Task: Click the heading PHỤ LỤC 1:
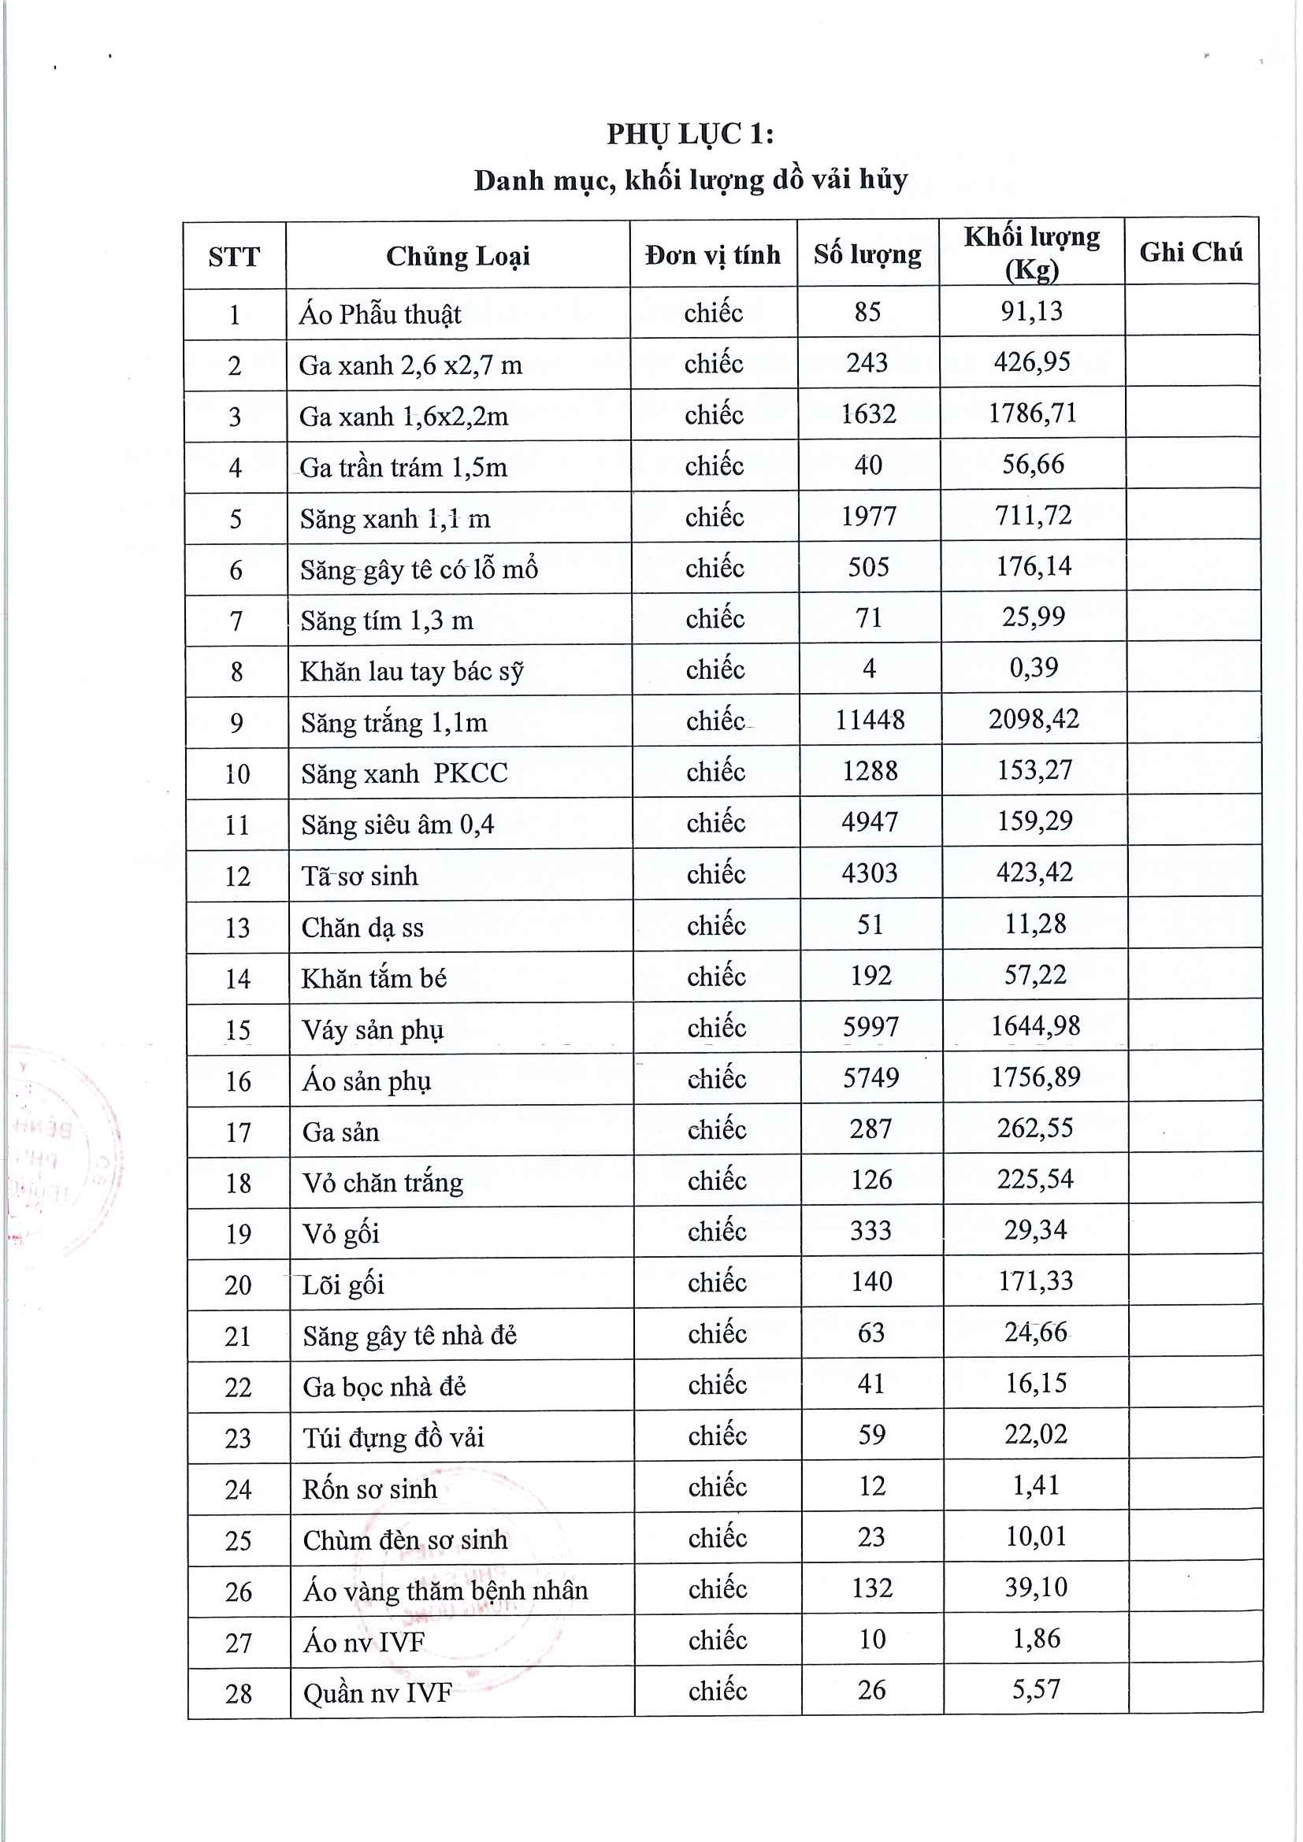click(689, 134)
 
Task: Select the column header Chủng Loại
click(458, 256)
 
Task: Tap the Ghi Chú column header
click(1190, 252)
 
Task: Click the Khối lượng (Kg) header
click(1031, 252)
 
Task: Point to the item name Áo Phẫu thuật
click(380, 313)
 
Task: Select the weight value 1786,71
click(1032, 413)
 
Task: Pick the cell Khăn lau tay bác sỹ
click(410, 671)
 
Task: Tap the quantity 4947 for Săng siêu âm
click(869, 822)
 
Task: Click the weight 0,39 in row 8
click(1034, 668)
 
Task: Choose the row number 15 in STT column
click(237, 1029)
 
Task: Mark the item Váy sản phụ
click(373, 1029)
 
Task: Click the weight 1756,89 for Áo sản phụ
click(1035, 1077)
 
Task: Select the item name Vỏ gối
click(340, 1233)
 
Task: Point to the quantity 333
click(871, 1230)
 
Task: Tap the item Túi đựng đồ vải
click(393, 1437)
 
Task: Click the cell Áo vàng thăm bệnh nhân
click(445, 1590)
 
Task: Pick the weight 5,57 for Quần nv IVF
click(1036, 1689)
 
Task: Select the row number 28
click(238, 1694)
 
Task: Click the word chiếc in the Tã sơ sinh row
click(715, 873)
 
